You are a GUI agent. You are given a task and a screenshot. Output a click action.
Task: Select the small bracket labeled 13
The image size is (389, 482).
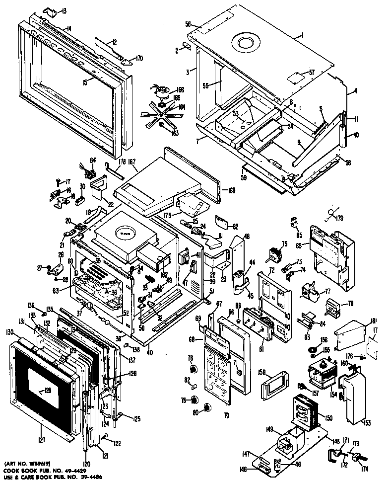50,11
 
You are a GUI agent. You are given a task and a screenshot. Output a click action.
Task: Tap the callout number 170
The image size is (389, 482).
139,58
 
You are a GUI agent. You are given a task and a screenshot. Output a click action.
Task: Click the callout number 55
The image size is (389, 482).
206,86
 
